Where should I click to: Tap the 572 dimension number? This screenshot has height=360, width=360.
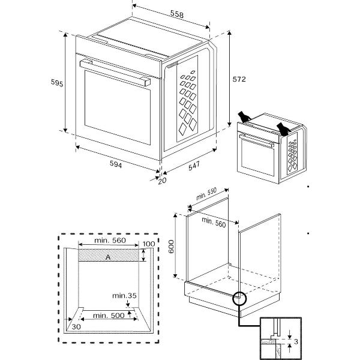240,79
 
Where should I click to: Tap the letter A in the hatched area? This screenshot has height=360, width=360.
107,256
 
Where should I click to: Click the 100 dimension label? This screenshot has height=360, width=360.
148,244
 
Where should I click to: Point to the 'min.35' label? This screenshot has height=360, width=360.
125,295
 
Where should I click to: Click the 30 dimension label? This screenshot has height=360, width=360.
76,326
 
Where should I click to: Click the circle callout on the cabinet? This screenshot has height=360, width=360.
239,297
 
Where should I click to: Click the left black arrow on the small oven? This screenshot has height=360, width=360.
243,116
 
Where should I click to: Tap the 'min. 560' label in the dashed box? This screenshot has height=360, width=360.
109,240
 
